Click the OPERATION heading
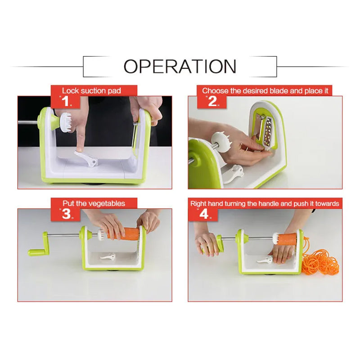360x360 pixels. click(180, 66)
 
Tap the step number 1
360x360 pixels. click(65, 101)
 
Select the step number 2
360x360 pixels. click(212, 101)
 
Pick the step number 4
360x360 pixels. click(204, 214)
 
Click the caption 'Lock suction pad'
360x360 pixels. click(91, 91)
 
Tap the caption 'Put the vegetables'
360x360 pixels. click(94, 204)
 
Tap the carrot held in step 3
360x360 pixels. click(123, 234)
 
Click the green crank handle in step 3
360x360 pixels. click(40, 246)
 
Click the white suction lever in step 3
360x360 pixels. click(108, 256)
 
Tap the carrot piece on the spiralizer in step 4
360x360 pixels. click(288, 239)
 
